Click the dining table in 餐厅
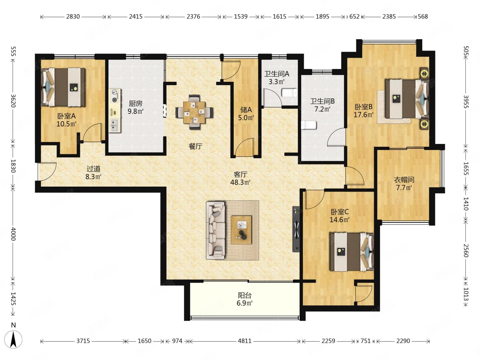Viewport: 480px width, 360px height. point(194,112)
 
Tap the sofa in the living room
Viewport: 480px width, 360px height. point(216,231)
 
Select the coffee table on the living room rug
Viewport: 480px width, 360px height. point(241,230)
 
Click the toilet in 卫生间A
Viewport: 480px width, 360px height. point(289,93)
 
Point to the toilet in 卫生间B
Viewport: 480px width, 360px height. point(309,125)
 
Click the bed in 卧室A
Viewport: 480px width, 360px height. point(63,87)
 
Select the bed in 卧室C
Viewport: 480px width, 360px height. point(352,252)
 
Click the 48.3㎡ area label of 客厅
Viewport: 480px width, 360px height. point(240,182)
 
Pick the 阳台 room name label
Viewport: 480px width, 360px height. point(245,295)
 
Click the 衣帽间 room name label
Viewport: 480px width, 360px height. point(404,180)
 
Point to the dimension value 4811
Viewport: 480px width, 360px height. point(244,341)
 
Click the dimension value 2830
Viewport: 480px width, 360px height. point(73,17)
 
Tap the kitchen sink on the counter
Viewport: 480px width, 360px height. point(115,125)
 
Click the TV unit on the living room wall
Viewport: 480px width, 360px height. point(296,229)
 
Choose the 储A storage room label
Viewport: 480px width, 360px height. point(246,109)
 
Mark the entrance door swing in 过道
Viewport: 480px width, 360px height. point(47,172)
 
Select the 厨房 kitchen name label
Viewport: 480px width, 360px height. point(136,103)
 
